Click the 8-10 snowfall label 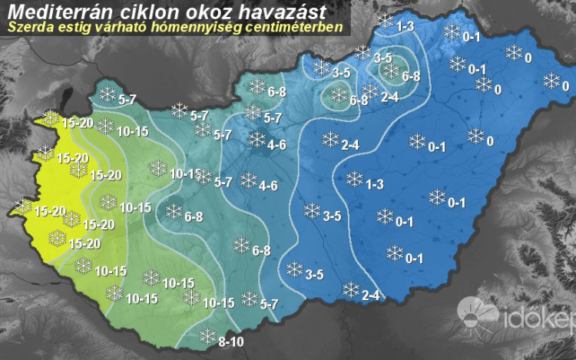point(231,342)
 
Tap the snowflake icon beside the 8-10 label point(207,335)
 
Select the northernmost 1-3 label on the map point(406,27)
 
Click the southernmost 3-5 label point(314,275)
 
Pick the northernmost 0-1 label point(472,37)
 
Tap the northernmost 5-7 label point(127,100)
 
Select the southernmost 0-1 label point(415,258)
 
